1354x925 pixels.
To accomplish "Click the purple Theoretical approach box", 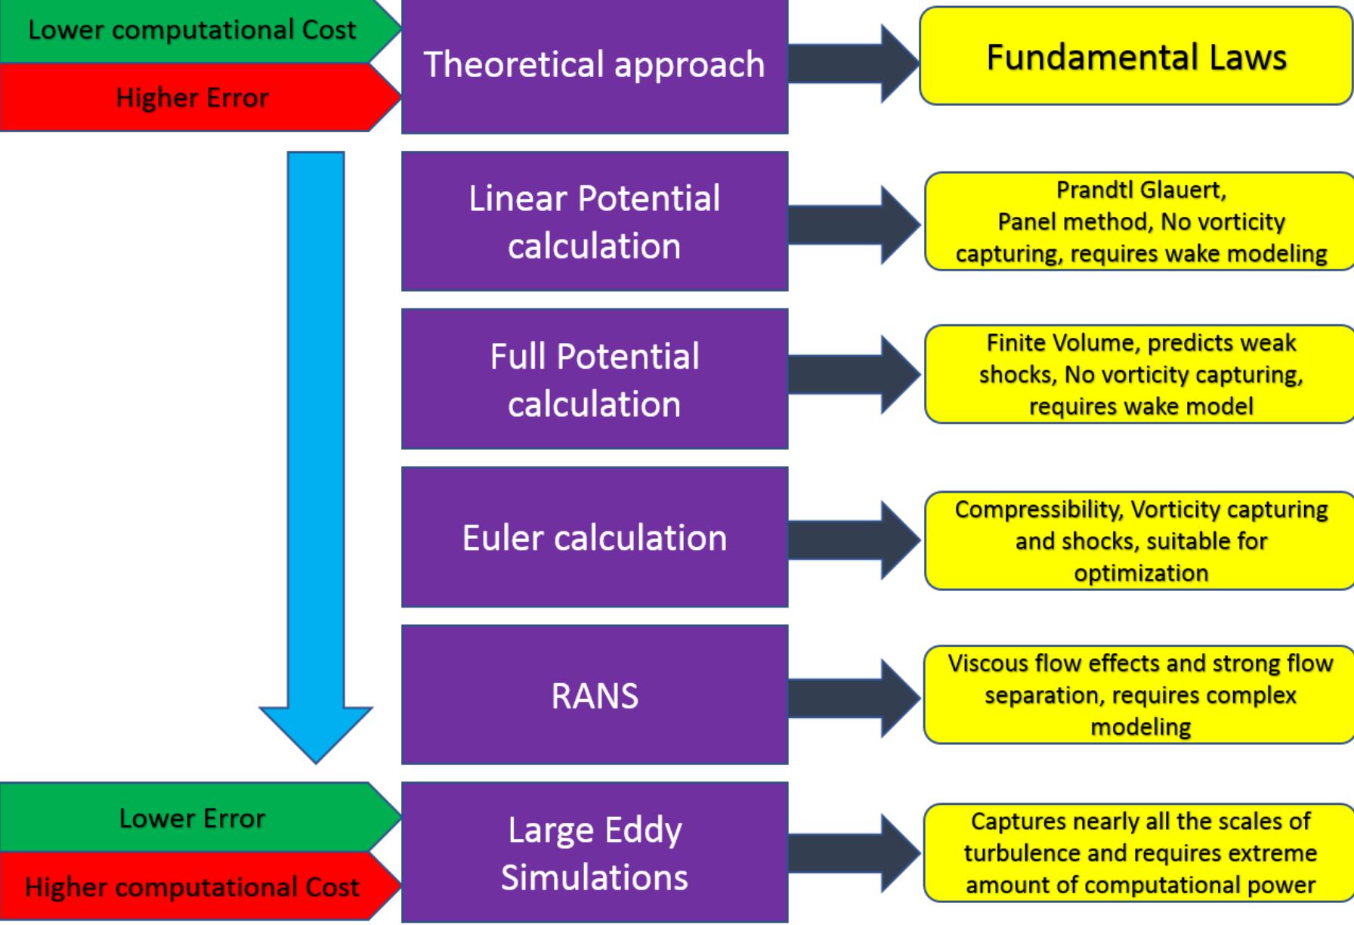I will tap(595, 66).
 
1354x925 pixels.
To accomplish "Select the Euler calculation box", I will tap(595, 537).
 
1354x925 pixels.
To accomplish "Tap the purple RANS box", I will tap(595, 695).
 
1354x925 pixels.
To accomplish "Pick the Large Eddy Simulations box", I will tap(595, 853).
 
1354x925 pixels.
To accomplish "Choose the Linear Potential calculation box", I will tap(595, 221).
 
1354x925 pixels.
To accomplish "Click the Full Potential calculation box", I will tap(595, 379).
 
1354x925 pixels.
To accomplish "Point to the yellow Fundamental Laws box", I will tap(1136, 57).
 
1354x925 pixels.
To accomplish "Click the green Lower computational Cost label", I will tap(192, 30).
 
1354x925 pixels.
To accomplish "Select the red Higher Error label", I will tap(192, 97).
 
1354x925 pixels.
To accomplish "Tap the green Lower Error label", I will tap(192, 818).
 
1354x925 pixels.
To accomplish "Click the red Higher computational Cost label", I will tap(192, 886).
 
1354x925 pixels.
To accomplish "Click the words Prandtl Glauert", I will tap(1140, 190).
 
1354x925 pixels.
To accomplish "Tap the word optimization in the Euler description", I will tap(1140, 573).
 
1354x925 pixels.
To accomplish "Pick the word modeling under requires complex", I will tap(1140, 727).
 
